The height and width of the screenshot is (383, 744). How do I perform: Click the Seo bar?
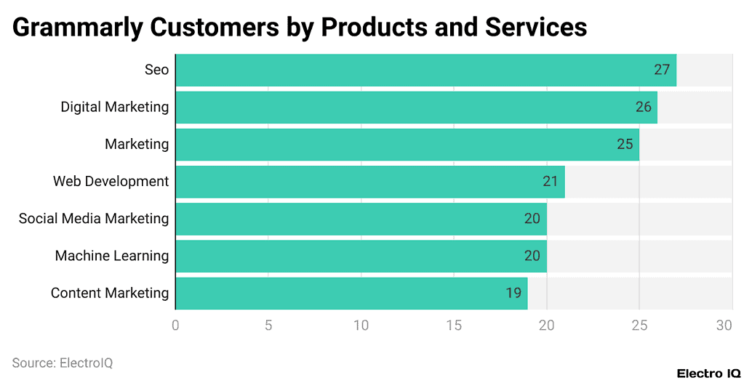(425, 70)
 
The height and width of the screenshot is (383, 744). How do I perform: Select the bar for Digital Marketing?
(416, 107)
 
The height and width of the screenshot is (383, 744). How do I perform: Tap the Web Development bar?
(369, 182)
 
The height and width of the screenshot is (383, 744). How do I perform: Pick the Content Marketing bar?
(351, 293)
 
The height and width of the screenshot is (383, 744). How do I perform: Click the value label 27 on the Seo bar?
(661, 70)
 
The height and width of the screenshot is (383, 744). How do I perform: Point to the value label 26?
(643, 107)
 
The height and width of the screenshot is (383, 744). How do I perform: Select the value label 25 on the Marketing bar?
(625, 144)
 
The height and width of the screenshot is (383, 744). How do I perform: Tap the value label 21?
(551, 182)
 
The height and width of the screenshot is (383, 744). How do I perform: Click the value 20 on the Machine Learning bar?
(532, 256)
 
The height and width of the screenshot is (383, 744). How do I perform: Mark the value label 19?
(513, 293)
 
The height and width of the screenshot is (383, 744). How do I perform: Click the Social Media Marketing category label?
(94, 219)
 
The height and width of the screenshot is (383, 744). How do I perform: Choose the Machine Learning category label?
(112, 256)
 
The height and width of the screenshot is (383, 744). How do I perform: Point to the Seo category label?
(156, 70)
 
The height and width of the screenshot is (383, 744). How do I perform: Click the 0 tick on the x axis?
(175, 326)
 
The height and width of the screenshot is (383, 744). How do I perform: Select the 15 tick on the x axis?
(454, 326)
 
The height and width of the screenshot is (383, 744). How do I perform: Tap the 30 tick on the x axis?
(724, 326)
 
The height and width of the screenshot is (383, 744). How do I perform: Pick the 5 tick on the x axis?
(268, 326)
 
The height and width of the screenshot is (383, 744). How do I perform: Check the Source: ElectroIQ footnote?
(63, 363)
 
